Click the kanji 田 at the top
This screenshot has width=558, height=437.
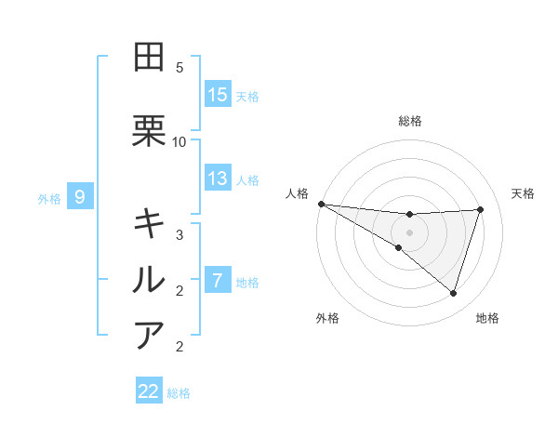150,57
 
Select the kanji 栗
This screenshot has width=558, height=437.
150,131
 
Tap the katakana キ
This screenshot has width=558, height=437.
150,223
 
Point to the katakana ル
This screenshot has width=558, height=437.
150,279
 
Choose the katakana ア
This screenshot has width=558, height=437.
150,335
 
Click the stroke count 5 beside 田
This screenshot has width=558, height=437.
179,68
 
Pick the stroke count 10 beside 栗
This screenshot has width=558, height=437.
179,141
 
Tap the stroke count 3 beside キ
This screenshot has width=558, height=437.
179,234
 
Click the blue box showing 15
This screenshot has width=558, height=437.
218,94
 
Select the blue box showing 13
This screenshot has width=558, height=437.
218,179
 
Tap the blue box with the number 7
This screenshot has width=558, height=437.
218,280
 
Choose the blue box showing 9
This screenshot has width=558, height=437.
80,197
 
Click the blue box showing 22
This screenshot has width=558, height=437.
149,391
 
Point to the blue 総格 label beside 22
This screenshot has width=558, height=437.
179,393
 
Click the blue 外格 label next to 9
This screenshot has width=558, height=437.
49,198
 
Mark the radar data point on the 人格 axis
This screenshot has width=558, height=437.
321,204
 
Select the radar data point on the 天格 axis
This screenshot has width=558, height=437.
481,209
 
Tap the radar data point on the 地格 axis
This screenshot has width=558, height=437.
454,293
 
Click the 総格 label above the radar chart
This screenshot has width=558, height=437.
410,121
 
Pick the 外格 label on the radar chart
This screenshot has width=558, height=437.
327,318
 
